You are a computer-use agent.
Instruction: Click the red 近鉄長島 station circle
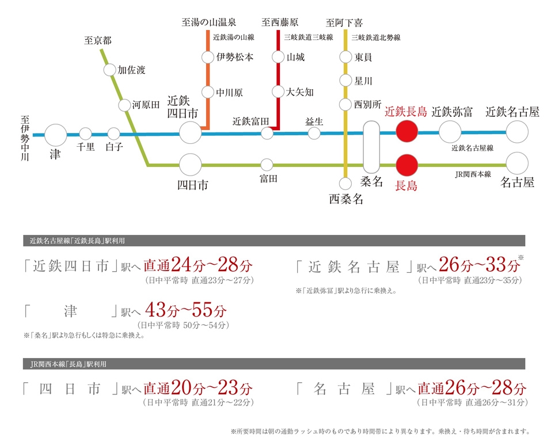407,131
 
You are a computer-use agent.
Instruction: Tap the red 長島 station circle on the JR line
407,165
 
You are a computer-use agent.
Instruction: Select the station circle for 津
55,135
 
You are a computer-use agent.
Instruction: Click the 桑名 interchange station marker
371,147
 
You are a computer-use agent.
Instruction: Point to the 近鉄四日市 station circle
191,132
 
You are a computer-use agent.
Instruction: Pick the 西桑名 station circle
345,184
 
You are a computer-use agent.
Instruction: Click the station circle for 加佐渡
110,70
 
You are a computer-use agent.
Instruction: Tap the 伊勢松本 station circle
207,57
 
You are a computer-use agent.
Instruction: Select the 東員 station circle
345,57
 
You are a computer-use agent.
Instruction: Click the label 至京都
98,40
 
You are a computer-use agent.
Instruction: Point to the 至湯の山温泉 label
208,22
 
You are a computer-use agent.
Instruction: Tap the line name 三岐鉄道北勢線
376,37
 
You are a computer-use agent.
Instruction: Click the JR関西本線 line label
473,174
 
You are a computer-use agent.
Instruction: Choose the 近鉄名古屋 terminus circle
517,132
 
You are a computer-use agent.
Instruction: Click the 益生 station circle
314,133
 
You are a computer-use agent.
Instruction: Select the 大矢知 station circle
278,92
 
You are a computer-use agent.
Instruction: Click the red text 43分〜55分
186,309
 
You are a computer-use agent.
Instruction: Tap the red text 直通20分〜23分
198,387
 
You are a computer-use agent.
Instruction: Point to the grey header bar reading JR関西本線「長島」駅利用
274,364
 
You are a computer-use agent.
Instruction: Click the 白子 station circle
114,134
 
